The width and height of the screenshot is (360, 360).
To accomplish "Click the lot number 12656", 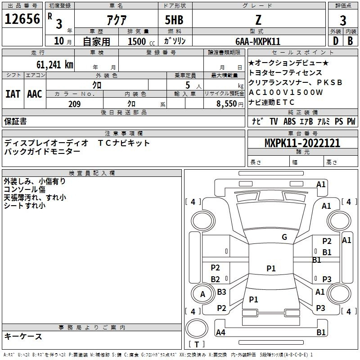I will click(22, 19).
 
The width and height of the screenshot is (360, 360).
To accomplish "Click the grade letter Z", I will click(258, 20).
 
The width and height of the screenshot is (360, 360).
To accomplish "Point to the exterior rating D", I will click(335, 40).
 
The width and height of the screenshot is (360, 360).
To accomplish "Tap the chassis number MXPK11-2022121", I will click(302, 143).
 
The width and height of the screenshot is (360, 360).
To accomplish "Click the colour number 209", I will click(75, 104).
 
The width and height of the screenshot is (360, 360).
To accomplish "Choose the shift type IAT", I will click(13, 94).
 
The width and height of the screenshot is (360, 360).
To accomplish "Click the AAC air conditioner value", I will click(35, 94).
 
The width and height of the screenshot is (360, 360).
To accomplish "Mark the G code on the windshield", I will click(284, 237).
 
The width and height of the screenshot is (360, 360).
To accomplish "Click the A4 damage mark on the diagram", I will click(220, 333).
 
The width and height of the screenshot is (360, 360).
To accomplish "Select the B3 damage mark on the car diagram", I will click(221, 292).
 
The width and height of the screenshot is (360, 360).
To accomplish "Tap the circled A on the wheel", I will click(202, 294).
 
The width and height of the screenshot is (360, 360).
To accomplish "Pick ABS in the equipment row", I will click(289, 121).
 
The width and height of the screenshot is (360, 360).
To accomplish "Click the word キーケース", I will click(23, 336).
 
